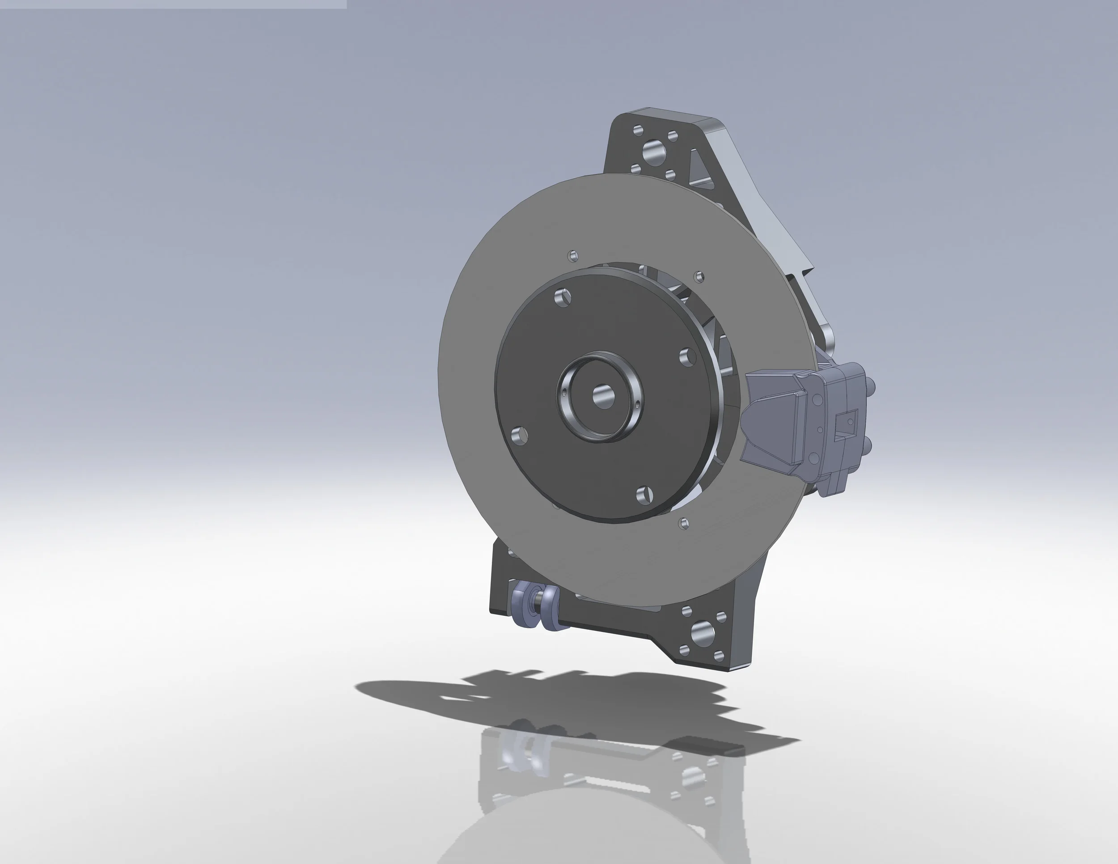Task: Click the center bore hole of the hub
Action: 602,396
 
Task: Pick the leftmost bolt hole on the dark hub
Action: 520,436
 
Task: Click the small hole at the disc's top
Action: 573,254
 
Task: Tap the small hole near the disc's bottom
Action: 683,523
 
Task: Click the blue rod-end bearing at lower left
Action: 537,612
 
